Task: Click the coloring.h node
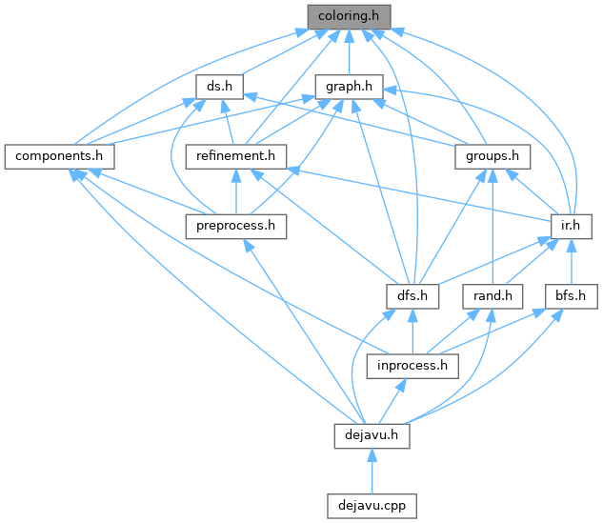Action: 349,16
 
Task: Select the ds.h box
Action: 218,86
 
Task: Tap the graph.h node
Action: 349,86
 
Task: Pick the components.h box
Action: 58,155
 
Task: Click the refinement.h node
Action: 235,155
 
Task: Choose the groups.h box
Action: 492,155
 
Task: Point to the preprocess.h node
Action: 235,226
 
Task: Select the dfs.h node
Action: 412,295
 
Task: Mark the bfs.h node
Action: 570,295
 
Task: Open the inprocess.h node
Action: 412,366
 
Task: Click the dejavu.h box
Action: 372,435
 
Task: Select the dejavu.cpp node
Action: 372,505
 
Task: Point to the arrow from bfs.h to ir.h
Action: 571,262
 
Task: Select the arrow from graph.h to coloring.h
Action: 349,52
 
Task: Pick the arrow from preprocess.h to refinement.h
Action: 235,191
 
